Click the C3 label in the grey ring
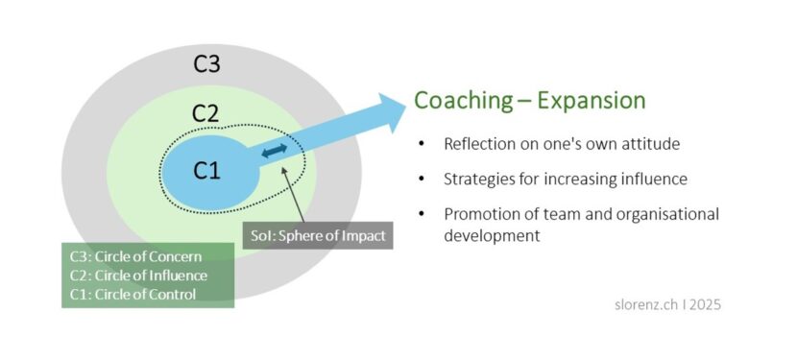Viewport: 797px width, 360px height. (207, 64)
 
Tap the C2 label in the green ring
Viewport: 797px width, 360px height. (205, 112)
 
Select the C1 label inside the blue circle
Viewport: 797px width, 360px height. (206, 171)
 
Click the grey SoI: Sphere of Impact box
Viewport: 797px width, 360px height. (318, 233)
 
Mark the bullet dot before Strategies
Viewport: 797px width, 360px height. (421, 180)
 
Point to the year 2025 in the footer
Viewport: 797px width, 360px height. (703, 304)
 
